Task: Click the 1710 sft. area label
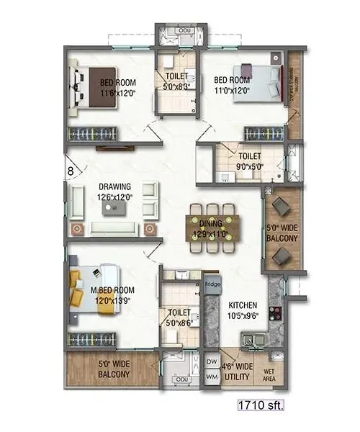[x=261, y=406]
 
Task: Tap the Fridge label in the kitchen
[x=212, y=284]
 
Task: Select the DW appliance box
[x=211, y=361]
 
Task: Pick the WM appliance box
[x=211, y=376]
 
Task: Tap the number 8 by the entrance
[x=70, y=171]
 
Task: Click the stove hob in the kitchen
[x=274, y=315]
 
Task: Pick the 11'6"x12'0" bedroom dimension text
[x=119, y=92]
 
